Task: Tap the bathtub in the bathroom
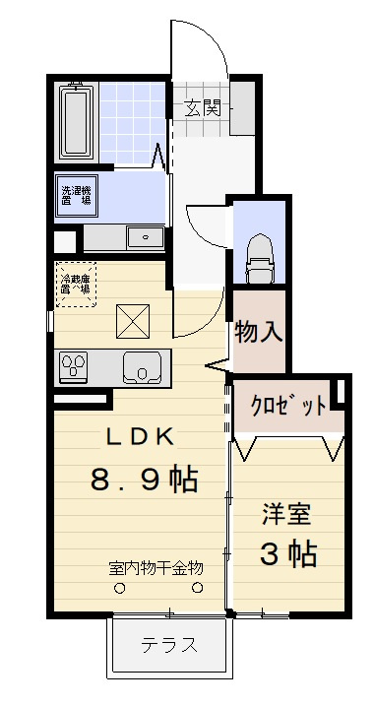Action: (75, 121)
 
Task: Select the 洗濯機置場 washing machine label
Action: (75, 194)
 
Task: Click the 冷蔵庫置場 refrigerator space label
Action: (75, 284)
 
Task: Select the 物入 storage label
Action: (259, 332)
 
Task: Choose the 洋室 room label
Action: (287, 514)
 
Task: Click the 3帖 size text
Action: (287, 553)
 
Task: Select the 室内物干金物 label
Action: (156, 568)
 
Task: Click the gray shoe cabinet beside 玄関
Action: (243, 105)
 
